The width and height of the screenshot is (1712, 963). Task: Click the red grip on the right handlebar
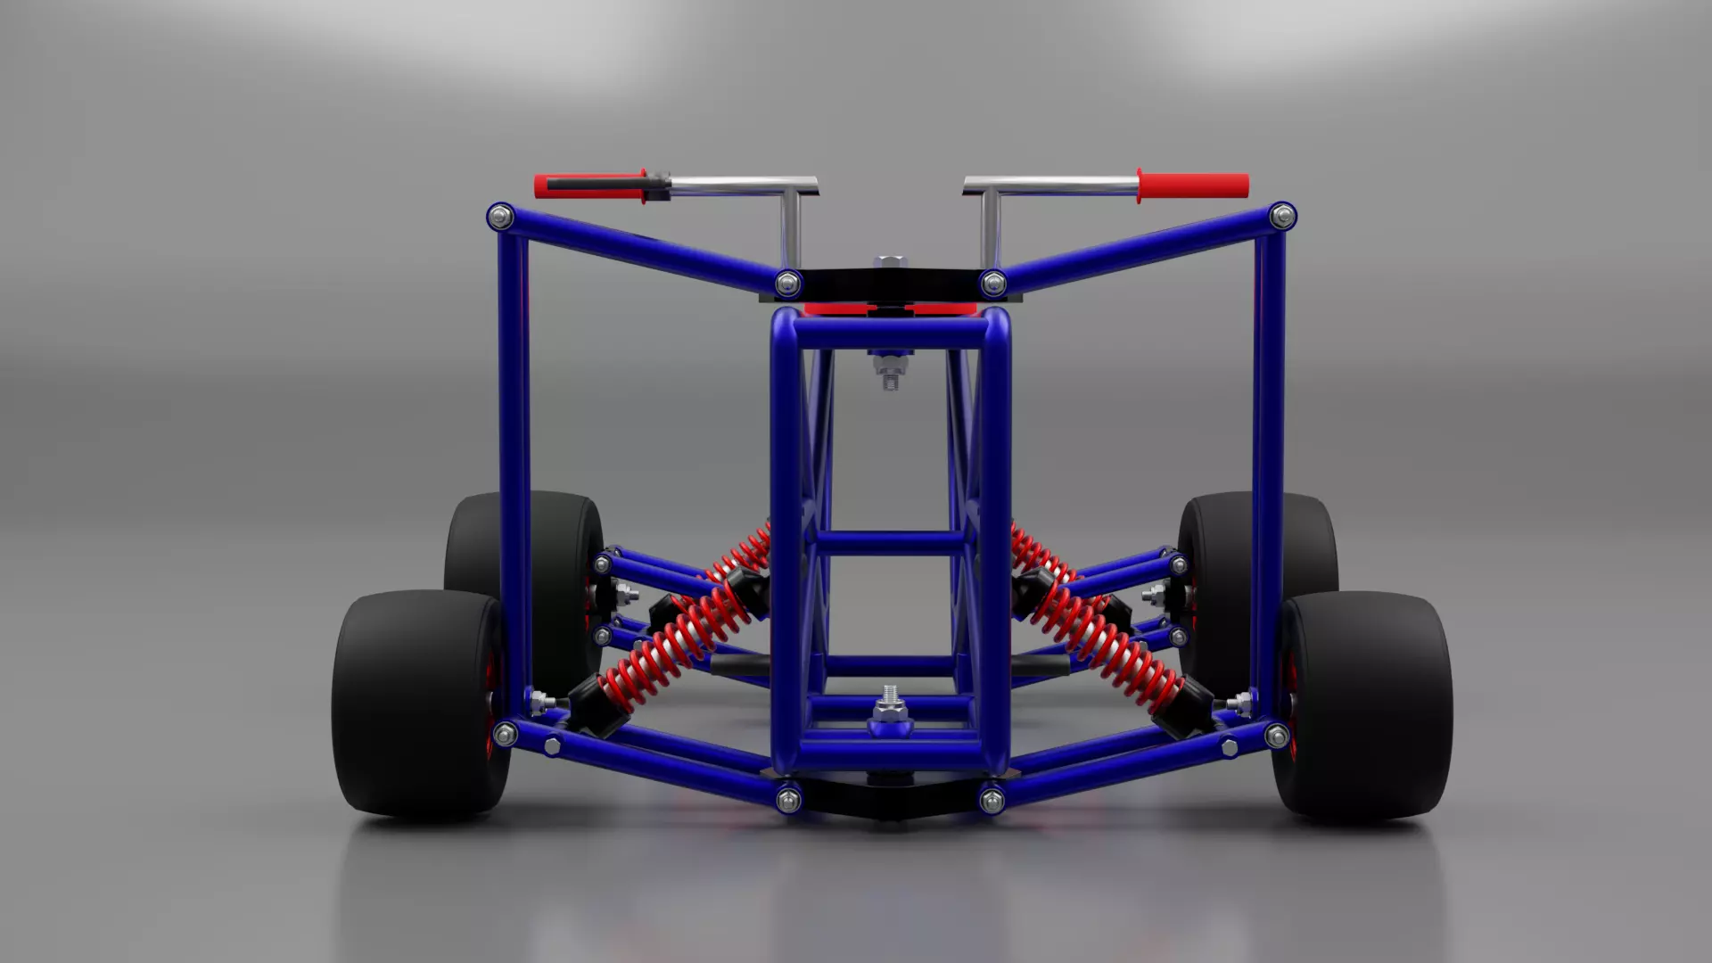tap(1195, 185)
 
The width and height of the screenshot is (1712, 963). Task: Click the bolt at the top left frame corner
tap(501, 216)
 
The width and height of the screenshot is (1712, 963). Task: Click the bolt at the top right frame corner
tap(1282, 216)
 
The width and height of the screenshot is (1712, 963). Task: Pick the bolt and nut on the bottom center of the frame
tap(890, 709)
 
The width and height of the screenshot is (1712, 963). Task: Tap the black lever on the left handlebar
tap(597, 185)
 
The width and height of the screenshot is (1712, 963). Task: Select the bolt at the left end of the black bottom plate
tap(788, 798)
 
